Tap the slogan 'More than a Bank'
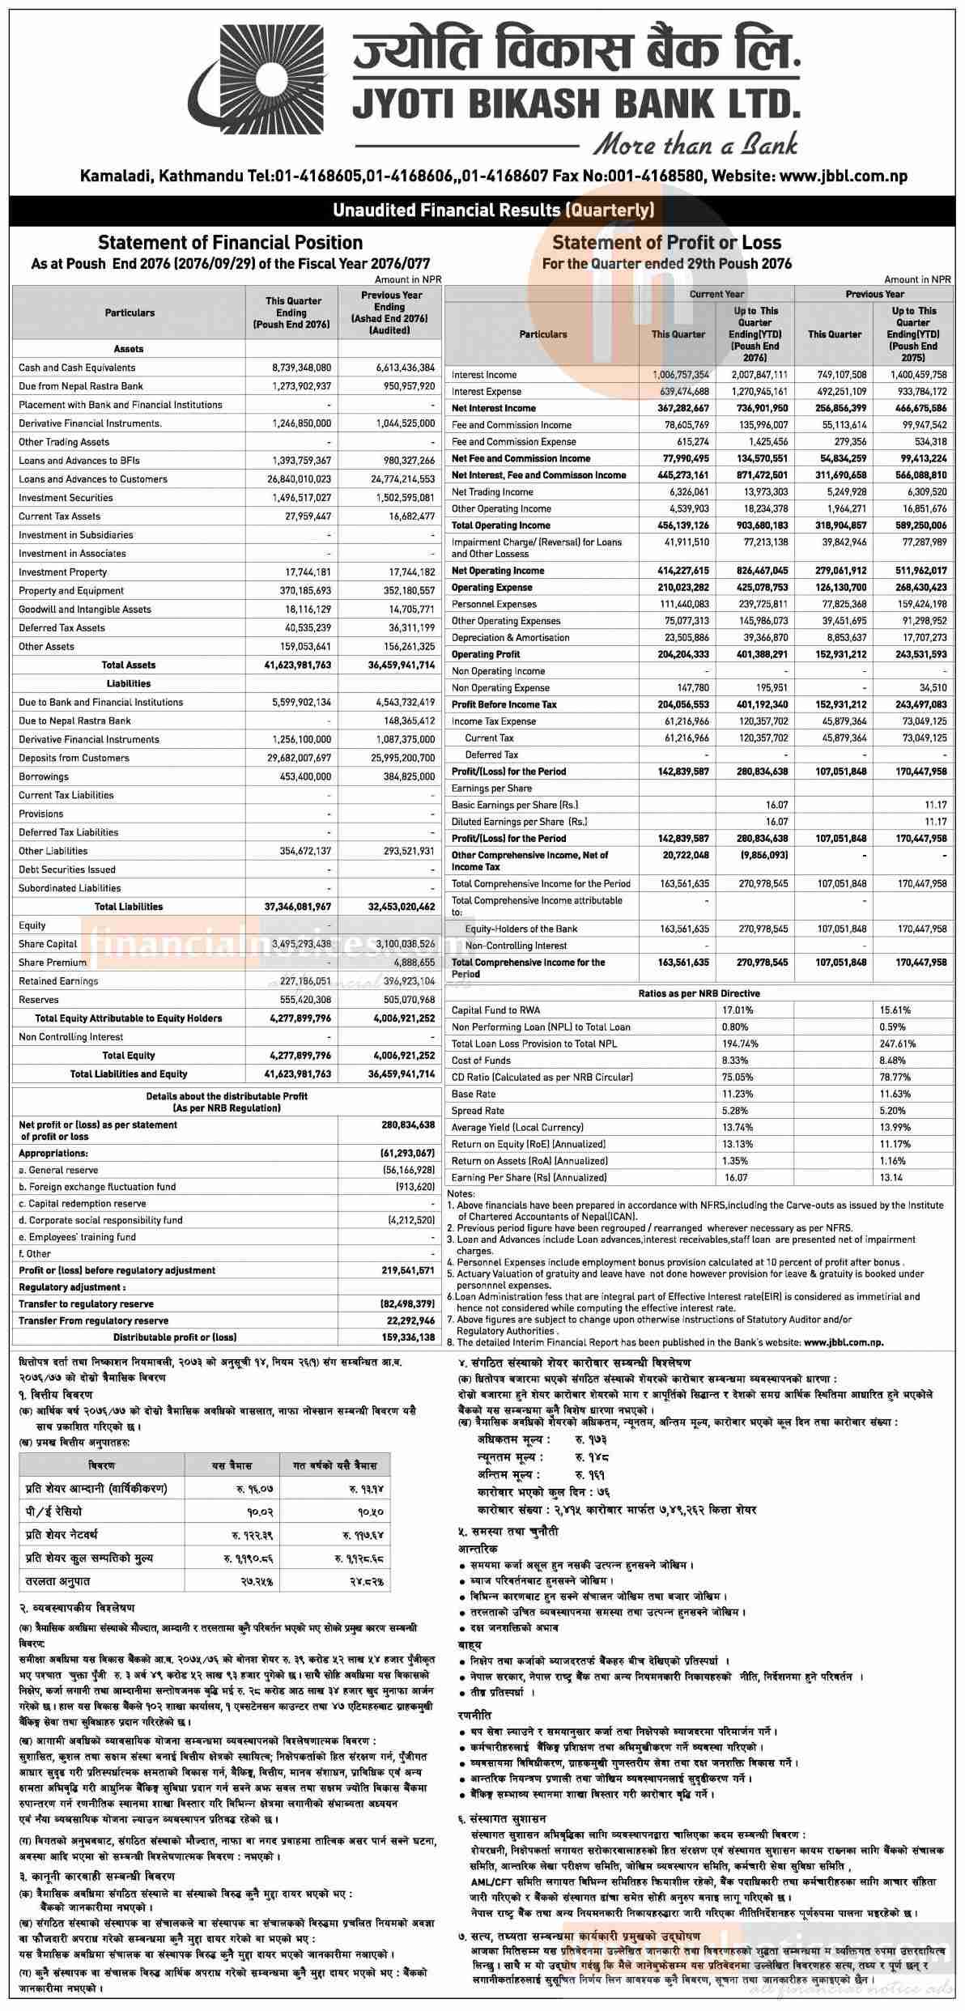pos(695,144)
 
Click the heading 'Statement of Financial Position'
pos(230,242)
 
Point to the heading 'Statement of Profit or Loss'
pos(666,242)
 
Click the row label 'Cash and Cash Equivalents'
pos(77,368)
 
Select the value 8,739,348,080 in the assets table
pos(301,368)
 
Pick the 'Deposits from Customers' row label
pos(74,758)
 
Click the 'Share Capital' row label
pos(48,944)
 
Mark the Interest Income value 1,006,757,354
pos(680,375)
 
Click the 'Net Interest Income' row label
pos(493,408)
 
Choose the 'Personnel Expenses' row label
pos(493,604)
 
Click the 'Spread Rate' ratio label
pos(478,1111)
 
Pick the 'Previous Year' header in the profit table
pos(874,294)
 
